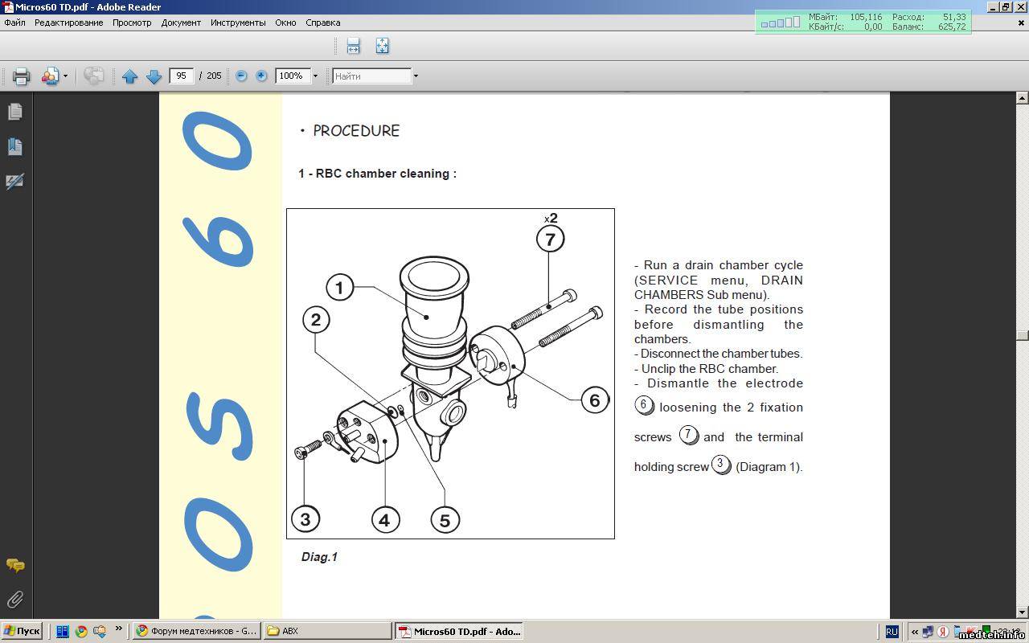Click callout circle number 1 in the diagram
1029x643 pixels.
(339, 288)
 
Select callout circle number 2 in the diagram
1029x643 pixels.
(316, 320)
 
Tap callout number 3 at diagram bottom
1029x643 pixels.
(305, 519)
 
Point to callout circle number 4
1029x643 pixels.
(385, 520)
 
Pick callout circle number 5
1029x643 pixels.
(445, 520)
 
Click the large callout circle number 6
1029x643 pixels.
(594, 400)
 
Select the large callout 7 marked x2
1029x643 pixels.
(550, 239)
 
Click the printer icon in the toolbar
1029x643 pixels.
(21, 76)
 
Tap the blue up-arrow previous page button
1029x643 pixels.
(130, 76)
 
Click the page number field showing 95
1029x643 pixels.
(181, 76)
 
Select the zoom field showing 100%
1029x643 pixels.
(292, 76)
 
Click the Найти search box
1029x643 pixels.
(371, 76)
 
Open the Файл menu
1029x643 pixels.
(14, 23)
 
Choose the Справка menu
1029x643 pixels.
(323, 23)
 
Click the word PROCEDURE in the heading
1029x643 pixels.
(356, 131)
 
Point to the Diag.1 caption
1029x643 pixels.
(319, 557)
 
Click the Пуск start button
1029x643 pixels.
(22, 631)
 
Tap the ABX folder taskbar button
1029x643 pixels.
(327, 631)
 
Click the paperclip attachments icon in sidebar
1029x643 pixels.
(15, 600)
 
